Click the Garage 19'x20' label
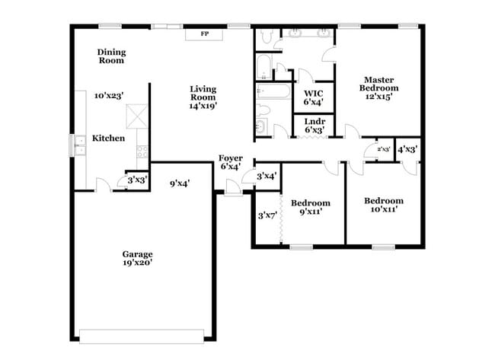[x=138, y=258]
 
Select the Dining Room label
[x=111, y=56]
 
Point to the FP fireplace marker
[x=204, y=34]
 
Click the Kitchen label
[x=108, y=139]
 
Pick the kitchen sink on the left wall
[x=79, y=144]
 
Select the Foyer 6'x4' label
[x=231, y=162]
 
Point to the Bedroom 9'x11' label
[x=311, y=208]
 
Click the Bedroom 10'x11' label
[x=387, y=205]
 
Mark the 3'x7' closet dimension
[x=267, y=216]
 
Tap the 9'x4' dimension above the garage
[x=180, y=183]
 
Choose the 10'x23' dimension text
[x=109, y=96]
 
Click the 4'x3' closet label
[x=407, y=149]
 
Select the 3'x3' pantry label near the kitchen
[x=137, y=180]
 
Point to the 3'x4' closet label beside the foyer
[x=266, y=177]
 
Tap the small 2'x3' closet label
[x=382, y=150]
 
